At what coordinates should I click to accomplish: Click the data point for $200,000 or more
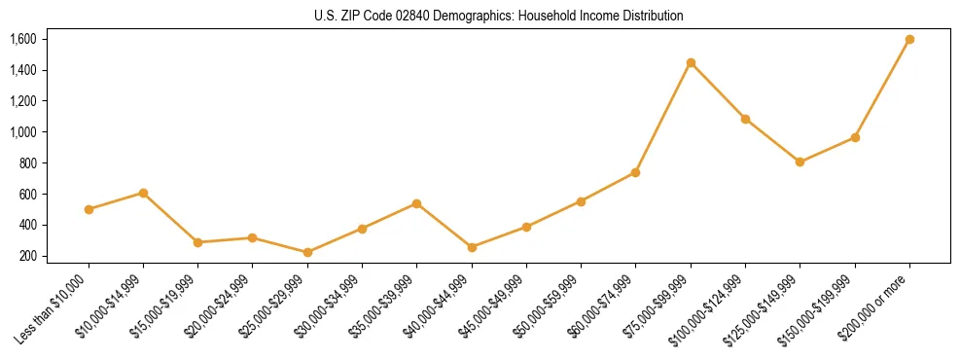[x=909, y=40]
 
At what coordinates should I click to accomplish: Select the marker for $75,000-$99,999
[x=691, y=63]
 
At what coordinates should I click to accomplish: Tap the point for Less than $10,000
[x=89, y=209]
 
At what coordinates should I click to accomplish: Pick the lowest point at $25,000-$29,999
[x=307, y=252]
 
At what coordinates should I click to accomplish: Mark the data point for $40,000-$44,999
[x=472, y=247]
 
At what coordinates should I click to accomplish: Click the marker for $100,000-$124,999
[x=745, y=119]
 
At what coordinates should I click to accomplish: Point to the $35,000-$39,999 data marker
[x=416, y=203]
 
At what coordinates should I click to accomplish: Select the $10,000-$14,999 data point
[x=143, y=193]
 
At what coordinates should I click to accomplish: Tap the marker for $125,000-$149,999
[x=800, y=162]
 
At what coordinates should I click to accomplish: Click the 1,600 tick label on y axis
[x=22, y=39]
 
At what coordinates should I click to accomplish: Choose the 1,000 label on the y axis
[x=22, y=132]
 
